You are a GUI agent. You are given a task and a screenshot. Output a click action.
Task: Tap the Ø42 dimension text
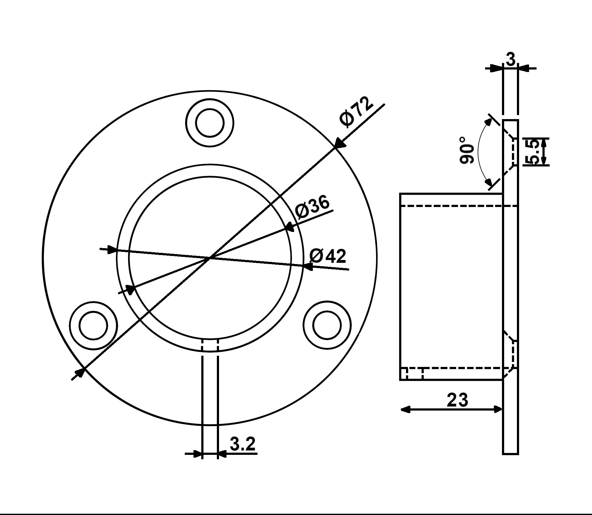pyautogui.click(x=328, y=256)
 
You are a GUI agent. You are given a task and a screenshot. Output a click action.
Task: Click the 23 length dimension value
pyautogui.click(x=457, y=400)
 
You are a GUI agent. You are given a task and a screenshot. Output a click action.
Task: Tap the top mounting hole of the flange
pyautogui.click(x=210, y=123)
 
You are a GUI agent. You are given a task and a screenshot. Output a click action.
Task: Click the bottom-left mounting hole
pyautogui.click(x=93, y=325)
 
